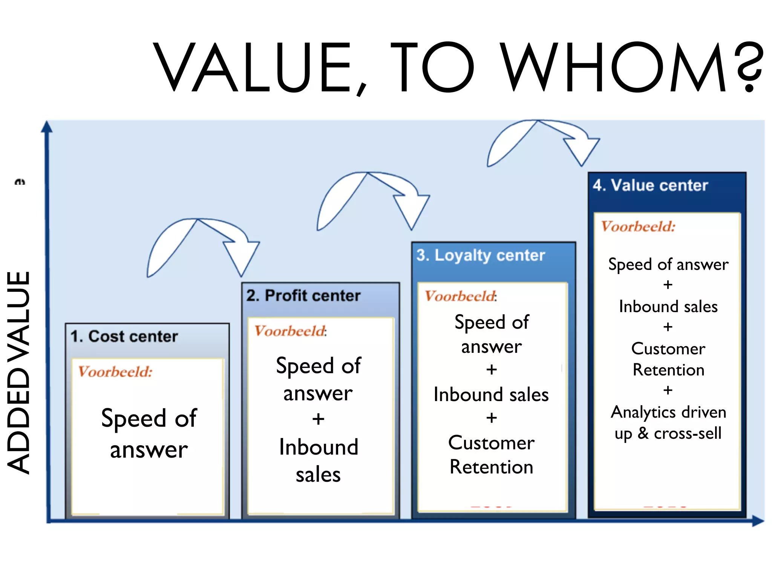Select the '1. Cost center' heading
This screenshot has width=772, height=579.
tap(124, 337)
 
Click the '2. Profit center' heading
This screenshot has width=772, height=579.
tap(303, 296)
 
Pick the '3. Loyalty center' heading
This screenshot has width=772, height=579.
tap(481, 256)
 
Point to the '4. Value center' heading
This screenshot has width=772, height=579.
tap(650, 185)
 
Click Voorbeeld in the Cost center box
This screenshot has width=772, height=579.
tap(115, 372)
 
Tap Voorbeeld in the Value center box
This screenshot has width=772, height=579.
tap(638, 227)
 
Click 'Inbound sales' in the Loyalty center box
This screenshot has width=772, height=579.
tap(491, 395)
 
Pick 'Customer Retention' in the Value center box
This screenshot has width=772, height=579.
tap(668, 359)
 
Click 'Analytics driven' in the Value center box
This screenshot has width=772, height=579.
tap(668, 412)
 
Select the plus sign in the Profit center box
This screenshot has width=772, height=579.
tap(319, 419)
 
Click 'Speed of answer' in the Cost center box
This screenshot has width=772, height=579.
tap(149, 433)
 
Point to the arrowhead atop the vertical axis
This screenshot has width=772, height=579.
tap(47, 127)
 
